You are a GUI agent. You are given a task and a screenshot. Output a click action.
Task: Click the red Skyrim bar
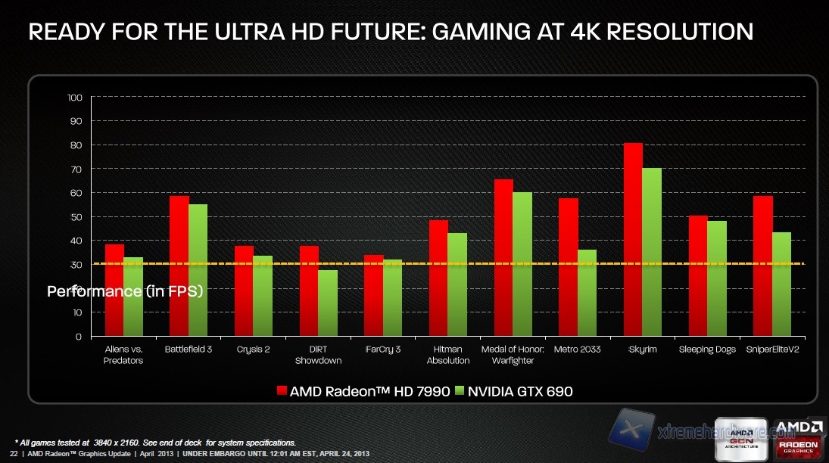pos(633,239)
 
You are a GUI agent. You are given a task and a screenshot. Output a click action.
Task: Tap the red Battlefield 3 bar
pos(179,266)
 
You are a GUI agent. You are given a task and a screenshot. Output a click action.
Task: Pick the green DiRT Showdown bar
pos(327,303)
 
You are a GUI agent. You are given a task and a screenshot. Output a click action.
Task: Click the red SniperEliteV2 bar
pos(763,266)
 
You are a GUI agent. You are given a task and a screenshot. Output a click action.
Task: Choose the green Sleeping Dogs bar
pos(717,278)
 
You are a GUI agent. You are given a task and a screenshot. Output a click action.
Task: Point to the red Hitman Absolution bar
pos(438,278)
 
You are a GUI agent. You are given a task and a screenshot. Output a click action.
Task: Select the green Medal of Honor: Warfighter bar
pos(522,264)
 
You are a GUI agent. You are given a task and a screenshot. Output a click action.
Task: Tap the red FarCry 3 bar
pos(373,295)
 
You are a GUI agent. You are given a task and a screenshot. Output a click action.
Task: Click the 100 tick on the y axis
pos(74,98)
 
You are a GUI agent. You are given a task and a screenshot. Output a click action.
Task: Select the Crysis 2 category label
pos(254,350)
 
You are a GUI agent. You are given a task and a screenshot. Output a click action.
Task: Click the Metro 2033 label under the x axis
pos(578,350)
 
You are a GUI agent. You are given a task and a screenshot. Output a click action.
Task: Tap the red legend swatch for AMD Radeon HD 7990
pos(282,391)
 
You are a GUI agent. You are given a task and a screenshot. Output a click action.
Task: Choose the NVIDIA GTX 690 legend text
pos(522,391)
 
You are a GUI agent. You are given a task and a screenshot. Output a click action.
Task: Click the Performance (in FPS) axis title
pos(125,291)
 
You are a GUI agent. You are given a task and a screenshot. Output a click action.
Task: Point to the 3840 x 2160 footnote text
pos(111,442)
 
